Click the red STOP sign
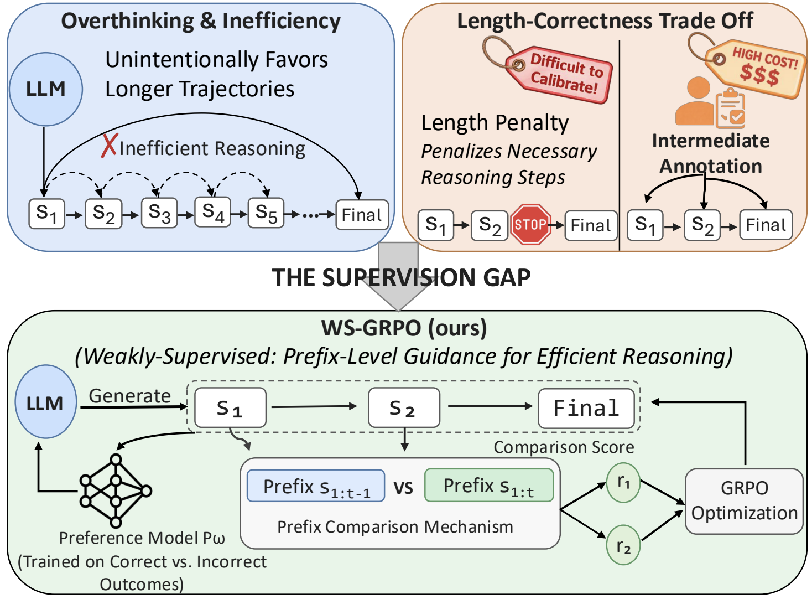pos(530,224)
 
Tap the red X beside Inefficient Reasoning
pos(109,146)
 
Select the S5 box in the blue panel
pos(266,213)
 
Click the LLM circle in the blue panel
pos(46,89)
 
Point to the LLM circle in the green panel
pos(46,401)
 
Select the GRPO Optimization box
pos(744,501)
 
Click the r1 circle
pos(623,483)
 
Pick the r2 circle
pos(623,545)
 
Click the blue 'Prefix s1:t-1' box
pos(316,486)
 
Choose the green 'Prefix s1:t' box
pos(489,485)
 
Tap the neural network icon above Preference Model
pos(116,491)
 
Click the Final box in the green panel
pos(586,408)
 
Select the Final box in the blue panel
pos(362,215)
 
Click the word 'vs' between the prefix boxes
pos(403,487)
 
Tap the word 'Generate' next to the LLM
pos(130,395)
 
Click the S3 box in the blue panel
pos(159,213)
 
